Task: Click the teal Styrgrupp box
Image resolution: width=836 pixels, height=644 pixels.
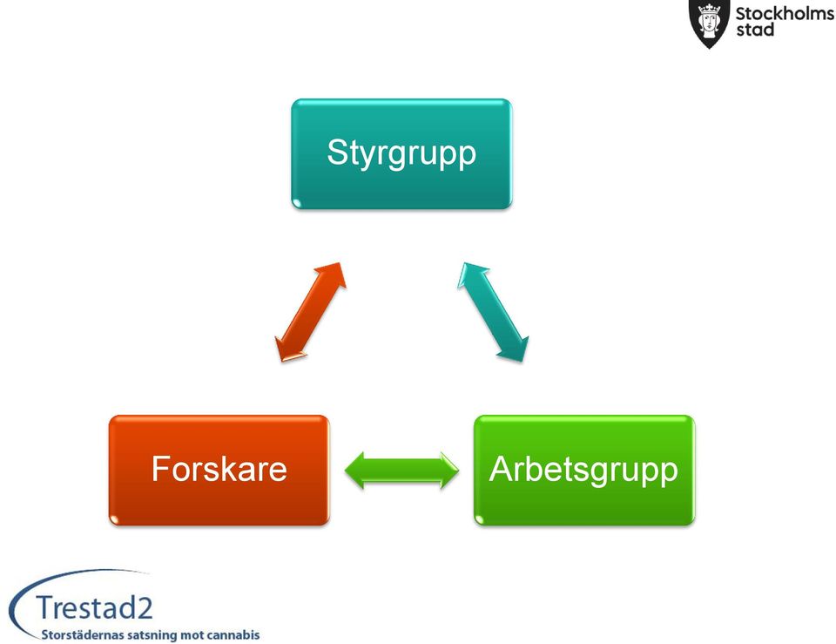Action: click(401, 153)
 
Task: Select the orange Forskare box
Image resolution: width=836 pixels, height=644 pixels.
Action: click(219, 470)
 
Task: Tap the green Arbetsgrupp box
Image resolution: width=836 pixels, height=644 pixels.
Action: click(584, 470)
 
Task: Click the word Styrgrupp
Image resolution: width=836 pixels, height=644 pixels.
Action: click(401, 153)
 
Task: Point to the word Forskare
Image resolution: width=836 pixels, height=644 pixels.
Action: click(219, 469)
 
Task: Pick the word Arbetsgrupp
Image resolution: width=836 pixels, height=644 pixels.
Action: click(583, 471)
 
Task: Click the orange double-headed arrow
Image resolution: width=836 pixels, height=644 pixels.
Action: click(310, 312)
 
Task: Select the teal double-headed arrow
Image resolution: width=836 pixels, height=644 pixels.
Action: click(493, 312)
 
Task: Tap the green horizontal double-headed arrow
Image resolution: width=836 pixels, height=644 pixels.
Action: click(401, 470)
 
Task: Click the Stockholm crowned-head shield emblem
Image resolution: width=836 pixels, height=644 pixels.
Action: click(709, 23)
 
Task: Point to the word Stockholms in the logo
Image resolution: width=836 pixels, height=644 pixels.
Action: click(785, 13)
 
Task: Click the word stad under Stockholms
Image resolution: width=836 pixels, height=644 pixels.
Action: click(755, 30)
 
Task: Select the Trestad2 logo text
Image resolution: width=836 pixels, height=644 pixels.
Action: click(94, 607)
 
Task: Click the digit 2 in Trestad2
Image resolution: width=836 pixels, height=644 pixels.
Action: click(145, 608)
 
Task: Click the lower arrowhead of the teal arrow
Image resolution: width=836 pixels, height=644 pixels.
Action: click(514, 349)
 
